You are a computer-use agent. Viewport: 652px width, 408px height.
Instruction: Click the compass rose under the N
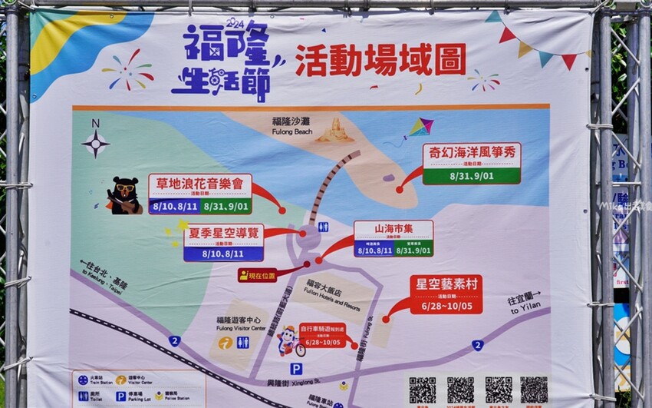click(x=96, y=143)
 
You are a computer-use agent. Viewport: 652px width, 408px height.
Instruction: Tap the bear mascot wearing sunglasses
click(x=123, y=195)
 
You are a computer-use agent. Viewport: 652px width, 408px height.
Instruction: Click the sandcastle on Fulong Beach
click(x=335, y=131)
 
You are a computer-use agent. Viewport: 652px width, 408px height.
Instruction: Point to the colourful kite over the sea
click(x=420, y=128)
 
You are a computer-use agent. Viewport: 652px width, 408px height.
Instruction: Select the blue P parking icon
click(x=296, y=369)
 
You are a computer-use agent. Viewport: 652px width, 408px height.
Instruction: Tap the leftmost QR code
click(x=422, y=390)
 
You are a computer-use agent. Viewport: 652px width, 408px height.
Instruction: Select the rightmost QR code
click(x=534, y=390)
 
